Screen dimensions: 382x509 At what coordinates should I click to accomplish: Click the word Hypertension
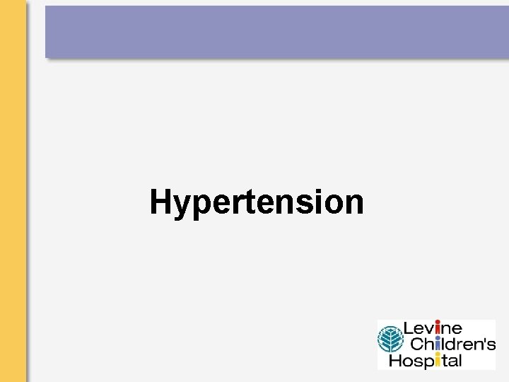click(x=257, y=202)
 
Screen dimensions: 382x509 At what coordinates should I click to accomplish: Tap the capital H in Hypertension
click(x=161, y=202)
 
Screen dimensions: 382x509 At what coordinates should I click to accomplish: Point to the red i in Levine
click(x=438, y=329)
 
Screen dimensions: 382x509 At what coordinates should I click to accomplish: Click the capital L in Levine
click(x=408, y=329)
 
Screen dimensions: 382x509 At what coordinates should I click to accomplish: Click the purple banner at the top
click(x=276, y=32)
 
